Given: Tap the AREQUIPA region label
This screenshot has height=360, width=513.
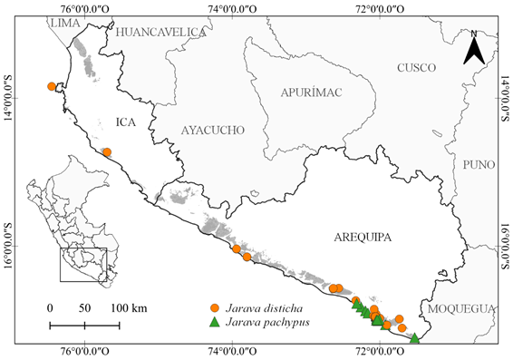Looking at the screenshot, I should tap(355, 238).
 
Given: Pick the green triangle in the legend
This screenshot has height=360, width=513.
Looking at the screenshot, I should tap(214, 323).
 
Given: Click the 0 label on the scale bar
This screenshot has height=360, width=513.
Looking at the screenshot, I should tap(50, 308).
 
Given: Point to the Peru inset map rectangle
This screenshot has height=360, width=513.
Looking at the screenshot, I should tap(83, 264).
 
